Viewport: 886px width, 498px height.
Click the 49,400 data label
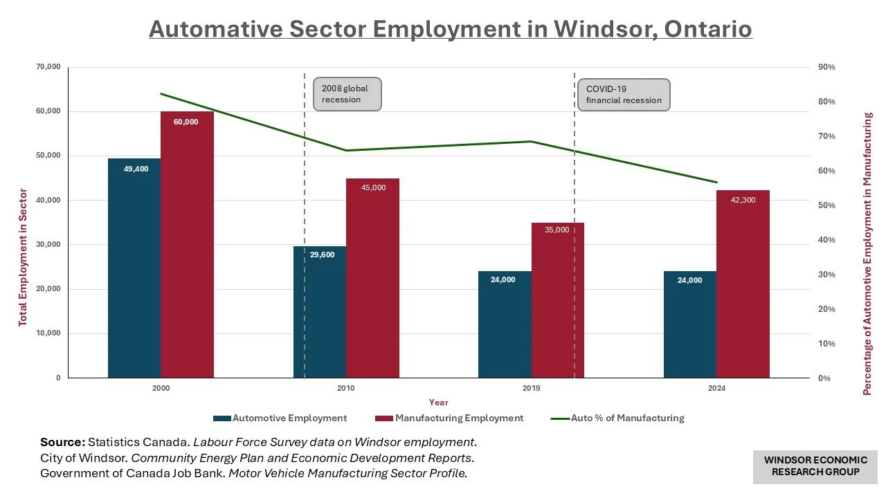point(136,169)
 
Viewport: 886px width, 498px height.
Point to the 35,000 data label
point(557,230)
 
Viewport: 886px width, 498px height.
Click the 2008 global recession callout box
point(347,94)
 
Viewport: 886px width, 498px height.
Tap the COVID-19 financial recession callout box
point(623,94)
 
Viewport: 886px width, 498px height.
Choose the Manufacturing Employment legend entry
point(449,418)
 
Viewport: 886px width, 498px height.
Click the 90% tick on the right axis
point(826,67)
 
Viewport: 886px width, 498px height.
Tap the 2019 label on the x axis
point(531,389)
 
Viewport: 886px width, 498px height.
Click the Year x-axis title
point(438,403)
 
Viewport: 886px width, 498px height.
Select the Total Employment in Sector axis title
point(23,257)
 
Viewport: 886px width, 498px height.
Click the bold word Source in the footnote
point(62,442)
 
